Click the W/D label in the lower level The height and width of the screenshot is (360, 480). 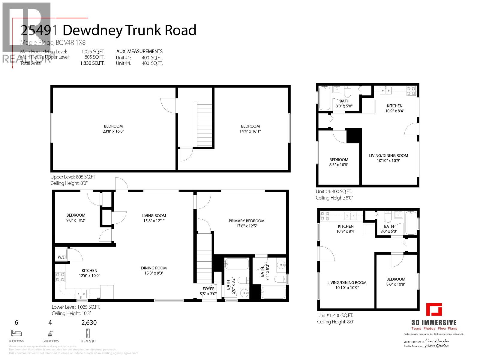click(61, 257)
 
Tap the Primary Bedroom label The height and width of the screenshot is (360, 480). click(247, 221)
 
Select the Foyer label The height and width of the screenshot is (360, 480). click(208, 289)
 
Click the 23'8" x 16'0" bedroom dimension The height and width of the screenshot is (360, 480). click(113, 131)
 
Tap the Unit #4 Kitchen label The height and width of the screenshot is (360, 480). click(394, 106)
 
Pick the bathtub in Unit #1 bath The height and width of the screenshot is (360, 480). click(410, 223)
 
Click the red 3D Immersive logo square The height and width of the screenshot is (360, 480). click(434, 310)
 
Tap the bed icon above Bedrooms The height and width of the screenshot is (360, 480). click(16, 333)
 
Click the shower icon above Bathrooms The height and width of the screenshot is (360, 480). click(50, 334)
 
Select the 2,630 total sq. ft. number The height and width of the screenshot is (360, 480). click(89, 323)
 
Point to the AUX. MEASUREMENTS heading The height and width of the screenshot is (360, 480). click(139, 51)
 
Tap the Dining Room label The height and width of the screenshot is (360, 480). click(154, 268)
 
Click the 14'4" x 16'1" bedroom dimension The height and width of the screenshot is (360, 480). click(250, 131)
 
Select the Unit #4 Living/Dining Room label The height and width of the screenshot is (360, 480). click(388, 155)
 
